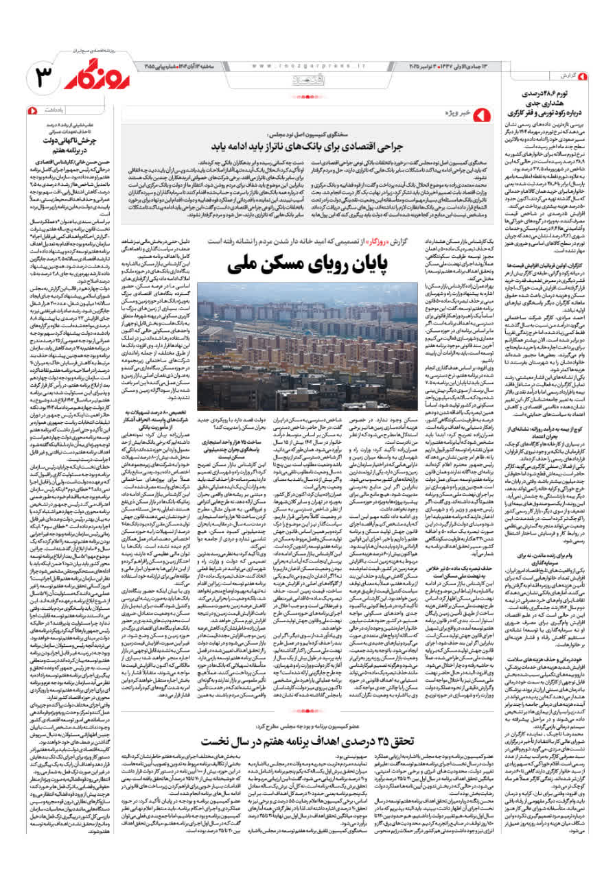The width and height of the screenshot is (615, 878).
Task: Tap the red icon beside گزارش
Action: coord(582,75)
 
